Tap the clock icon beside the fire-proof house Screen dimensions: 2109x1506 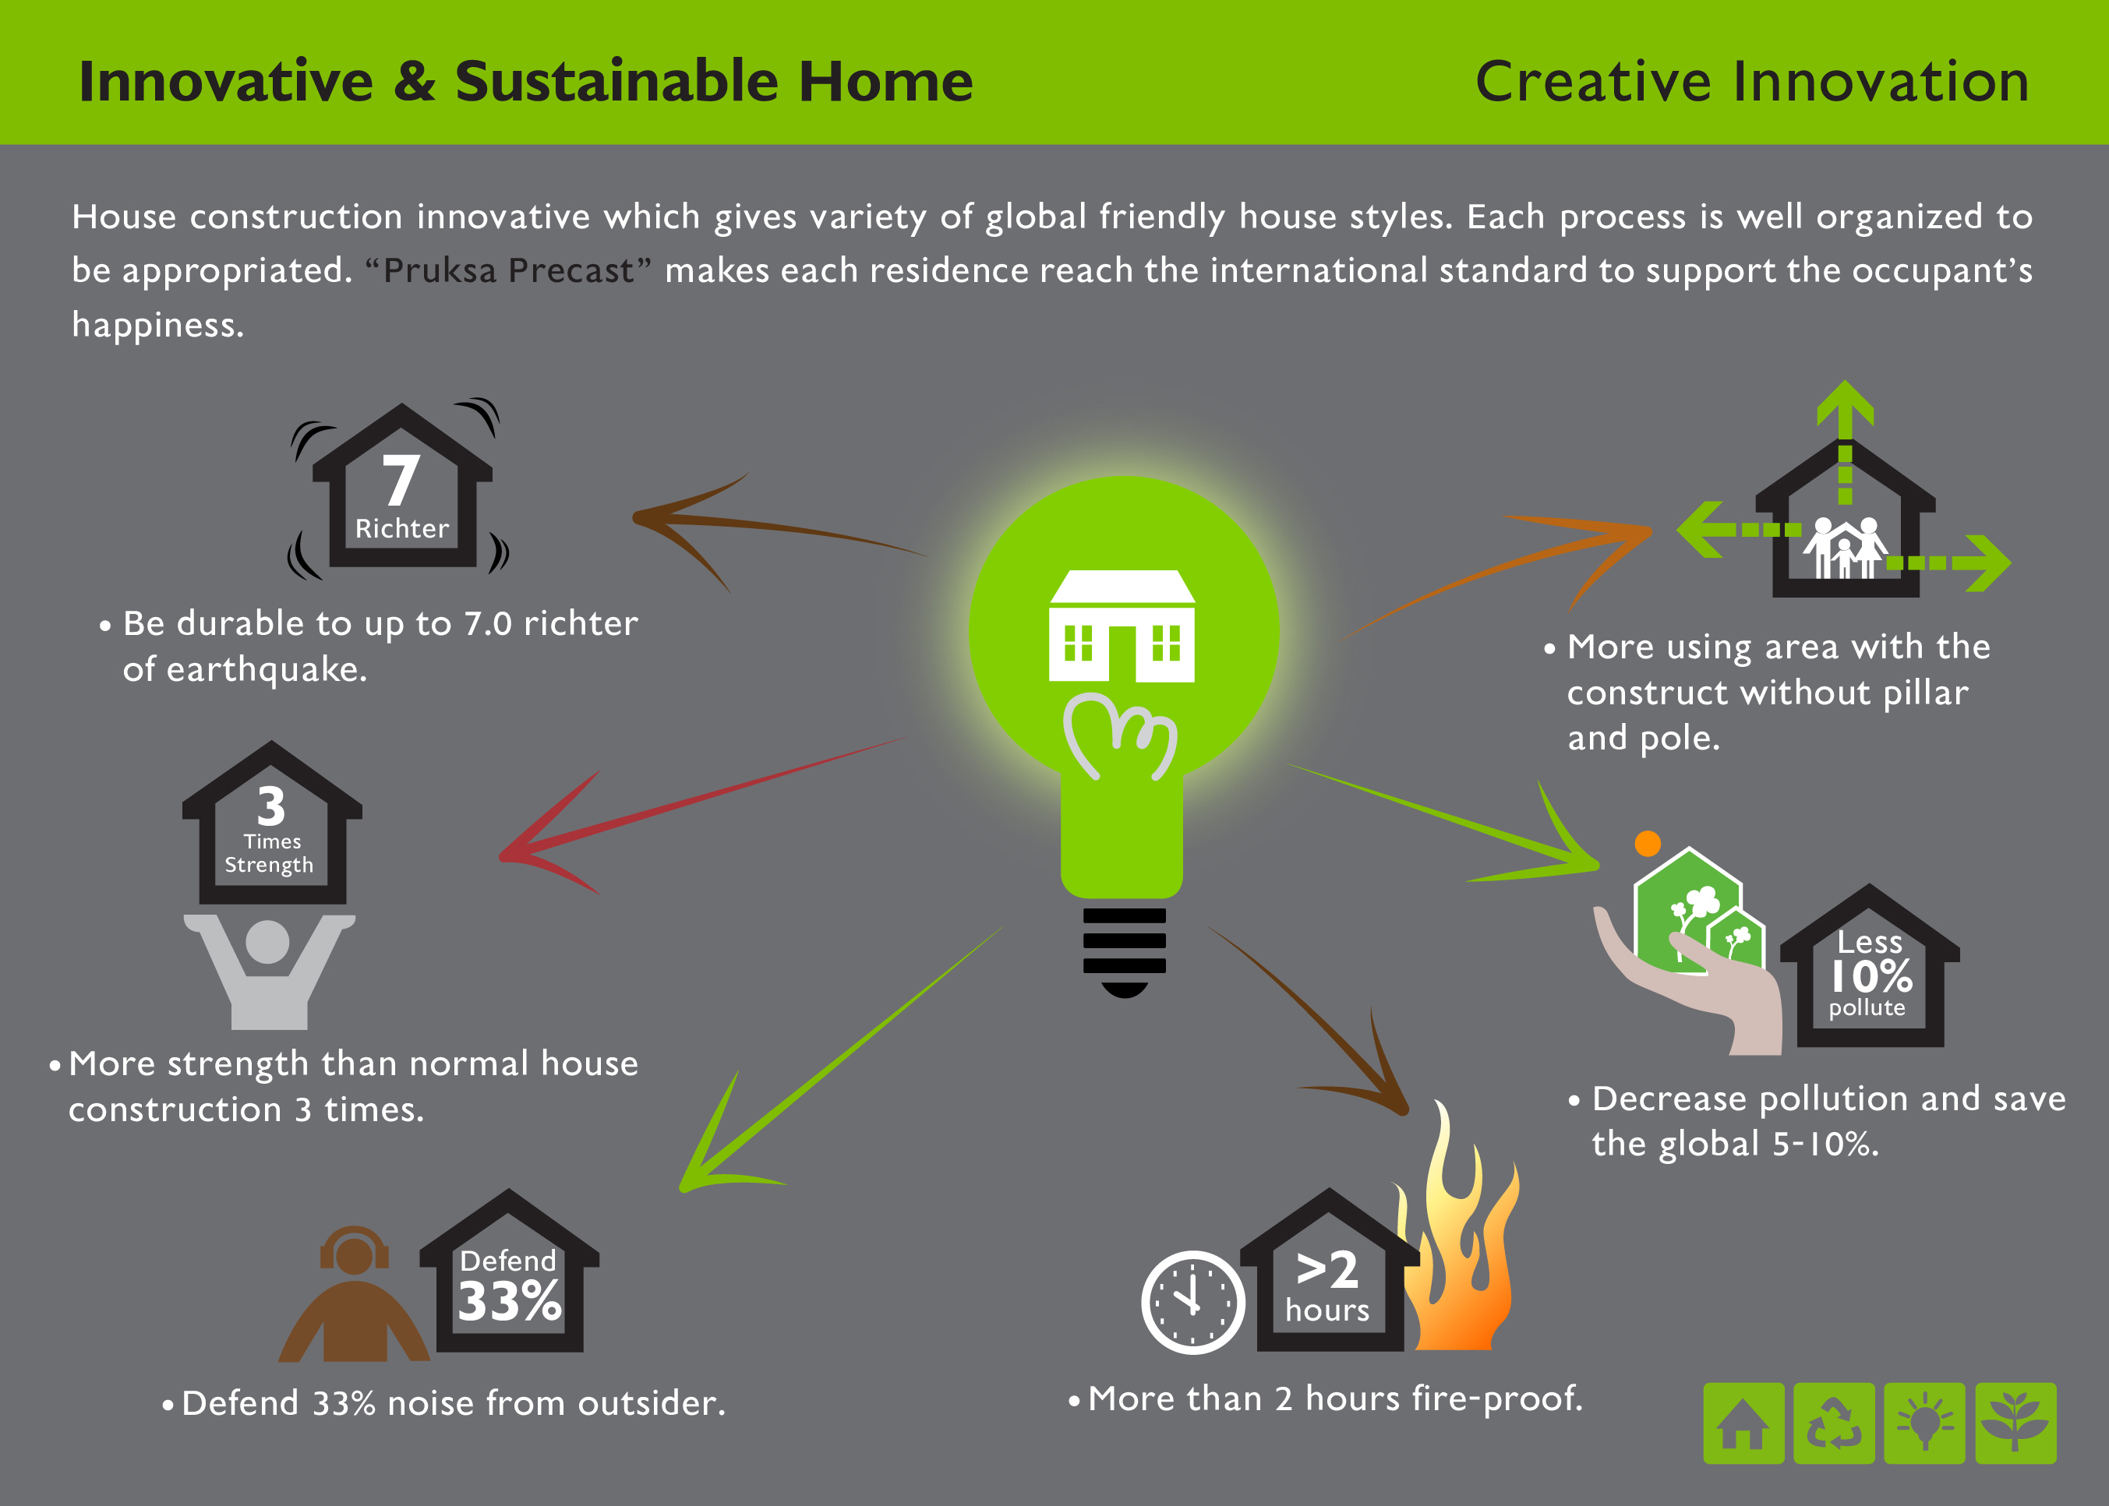[x=1192, y=1302]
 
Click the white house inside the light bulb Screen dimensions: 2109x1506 [x=1122, y=626]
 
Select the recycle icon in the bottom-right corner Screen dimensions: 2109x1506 [x=1834, y=1423]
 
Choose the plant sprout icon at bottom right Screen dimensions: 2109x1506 [x=2015, y=1423]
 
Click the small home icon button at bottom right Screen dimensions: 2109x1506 [x=1743, y=1423]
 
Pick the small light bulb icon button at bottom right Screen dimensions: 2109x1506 [x=1924, y=1423]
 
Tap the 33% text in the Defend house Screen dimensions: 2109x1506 [x=509, y=1300]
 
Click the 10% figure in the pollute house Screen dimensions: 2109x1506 [x=1871, y=976]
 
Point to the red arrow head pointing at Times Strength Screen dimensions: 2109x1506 [x=547, y=834]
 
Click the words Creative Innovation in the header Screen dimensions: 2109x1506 [x=1752, y=82]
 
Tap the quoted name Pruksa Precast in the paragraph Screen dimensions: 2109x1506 [x=508, y=271]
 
